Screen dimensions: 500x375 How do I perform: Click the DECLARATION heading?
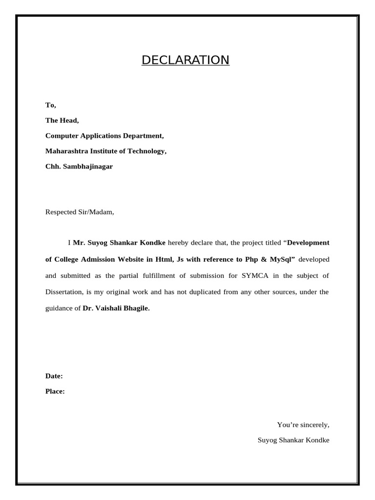(x=185, y=60)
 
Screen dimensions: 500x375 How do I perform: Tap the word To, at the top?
(x=51, y=105)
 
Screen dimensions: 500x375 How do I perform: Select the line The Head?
(x=62, y=120)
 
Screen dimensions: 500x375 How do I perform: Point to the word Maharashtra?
(x=66, y=151)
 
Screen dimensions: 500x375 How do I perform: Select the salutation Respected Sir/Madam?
(x=80, y=212)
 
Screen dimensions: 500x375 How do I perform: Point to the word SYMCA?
(x=255, y=275)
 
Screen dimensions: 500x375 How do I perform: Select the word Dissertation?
(x=64, y=292)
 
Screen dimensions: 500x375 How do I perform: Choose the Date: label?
(x=54, y=376)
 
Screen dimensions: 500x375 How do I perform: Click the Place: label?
(x=55, y=391)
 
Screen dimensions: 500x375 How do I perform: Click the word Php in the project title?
(x=252, y=259)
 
